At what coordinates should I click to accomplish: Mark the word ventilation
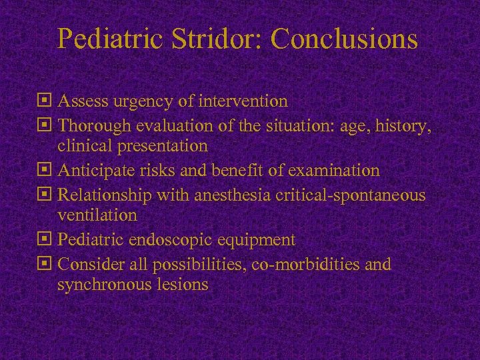pos(97,215)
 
